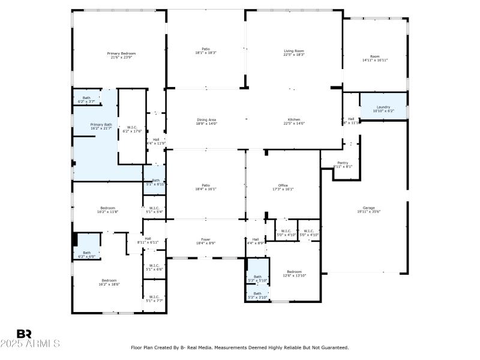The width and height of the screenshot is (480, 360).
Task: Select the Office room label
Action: tap(283, 187)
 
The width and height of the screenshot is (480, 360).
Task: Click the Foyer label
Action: tap(206, 241)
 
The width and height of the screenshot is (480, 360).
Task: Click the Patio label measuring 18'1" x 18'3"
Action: tap(206, 50)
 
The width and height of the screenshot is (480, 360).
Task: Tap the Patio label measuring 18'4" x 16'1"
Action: tap(206, 187)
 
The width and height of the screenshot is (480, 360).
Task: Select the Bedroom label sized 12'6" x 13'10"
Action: tap(294, 273)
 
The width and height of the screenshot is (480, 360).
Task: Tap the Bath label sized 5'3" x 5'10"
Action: tap(257, 278)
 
